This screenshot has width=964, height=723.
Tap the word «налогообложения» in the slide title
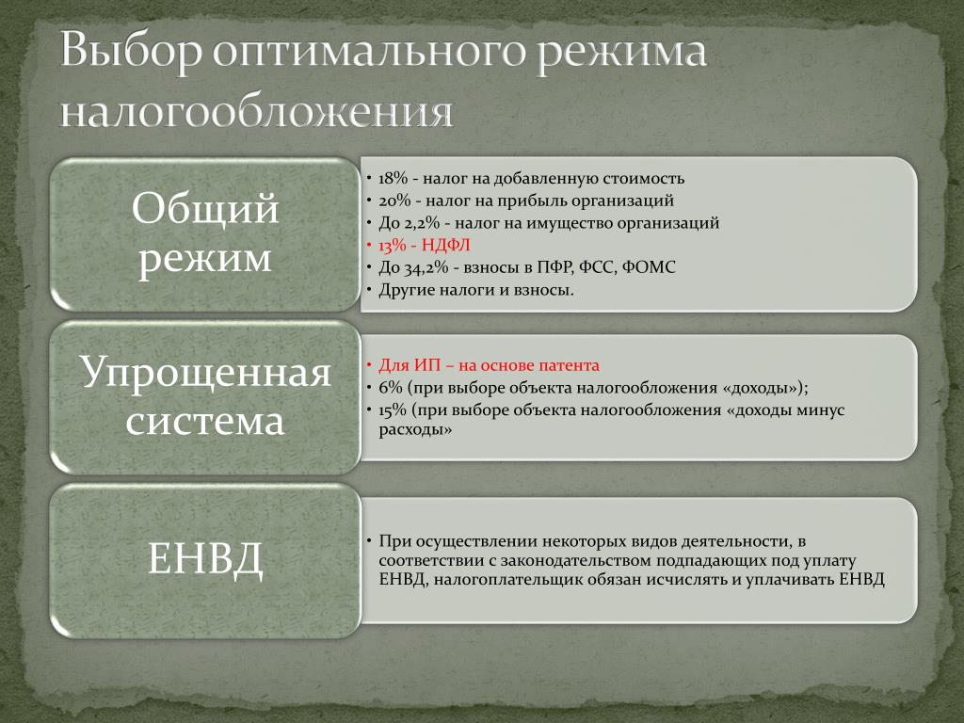click(x=256, y=112)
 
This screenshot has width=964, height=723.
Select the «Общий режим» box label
click(x=204, y=233)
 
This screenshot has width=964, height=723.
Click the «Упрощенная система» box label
click(x=204, y=396)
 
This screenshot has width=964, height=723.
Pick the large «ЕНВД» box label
click(x=205, y=558)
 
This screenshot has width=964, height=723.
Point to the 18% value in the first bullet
click(x=394, y=178)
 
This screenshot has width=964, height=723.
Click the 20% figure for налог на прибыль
click(x=394, y=201)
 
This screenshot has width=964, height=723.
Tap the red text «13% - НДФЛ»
click(x=425, y=246)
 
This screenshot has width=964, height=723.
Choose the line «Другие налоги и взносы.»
click(x=476, y=290)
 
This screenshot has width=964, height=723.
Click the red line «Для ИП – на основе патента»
click(x=489, y=365)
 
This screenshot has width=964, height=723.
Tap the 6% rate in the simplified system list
click(x=390, y=388)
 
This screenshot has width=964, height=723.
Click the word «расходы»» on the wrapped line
click(x=415, y=429)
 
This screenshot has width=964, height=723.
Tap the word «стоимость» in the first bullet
click(x=643, y=178)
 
